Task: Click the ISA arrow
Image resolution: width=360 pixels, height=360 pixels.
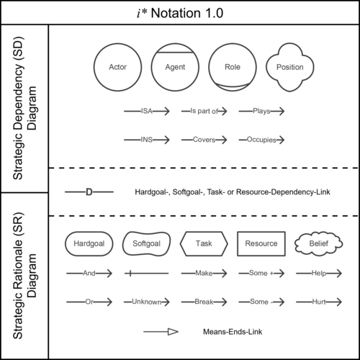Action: [147, 111]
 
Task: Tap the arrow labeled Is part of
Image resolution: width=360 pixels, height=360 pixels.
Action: [204, 111]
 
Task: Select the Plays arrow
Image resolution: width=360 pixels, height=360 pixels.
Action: [261, 111]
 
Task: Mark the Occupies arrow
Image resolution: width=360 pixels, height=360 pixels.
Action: [261, 140]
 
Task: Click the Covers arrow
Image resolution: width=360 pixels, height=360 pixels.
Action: [204, 140]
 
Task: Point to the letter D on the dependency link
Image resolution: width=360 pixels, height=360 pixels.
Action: [89, 192]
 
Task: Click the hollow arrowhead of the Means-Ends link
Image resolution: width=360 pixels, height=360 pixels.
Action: [173, 332]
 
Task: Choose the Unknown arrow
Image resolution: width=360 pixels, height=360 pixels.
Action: [147, 302]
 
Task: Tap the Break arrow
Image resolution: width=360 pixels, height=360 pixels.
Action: [204, 302]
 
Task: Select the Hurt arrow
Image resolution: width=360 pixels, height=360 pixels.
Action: [319, 302]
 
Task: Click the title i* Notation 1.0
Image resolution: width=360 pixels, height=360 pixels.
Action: [180, 13]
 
